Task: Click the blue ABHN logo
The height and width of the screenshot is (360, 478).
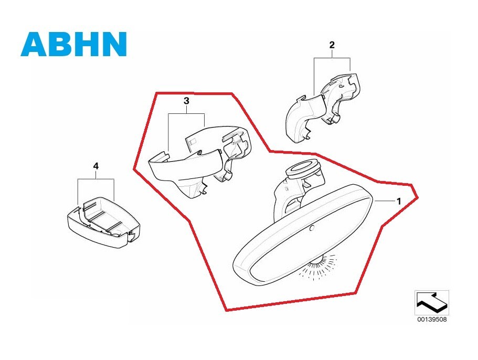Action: coord(74,44)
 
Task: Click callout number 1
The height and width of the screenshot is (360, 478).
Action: coord(398,201)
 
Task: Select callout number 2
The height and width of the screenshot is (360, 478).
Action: coord(332,45)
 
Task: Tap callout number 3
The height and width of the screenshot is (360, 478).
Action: coord(186,101)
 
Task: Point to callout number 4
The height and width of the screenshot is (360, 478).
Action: coord(95,166)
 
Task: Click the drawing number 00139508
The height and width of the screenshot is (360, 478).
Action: coord(432,320)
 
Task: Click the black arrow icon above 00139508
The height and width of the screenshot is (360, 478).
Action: coord(432,302)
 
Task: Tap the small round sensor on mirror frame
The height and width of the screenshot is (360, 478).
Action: coord(311,229)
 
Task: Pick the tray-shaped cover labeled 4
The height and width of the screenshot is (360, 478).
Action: coord(103,222)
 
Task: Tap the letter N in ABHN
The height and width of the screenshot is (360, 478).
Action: coord(114,44)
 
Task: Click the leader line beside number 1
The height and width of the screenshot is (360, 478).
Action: coord(384,201)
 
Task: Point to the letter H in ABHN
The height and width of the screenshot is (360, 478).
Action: coord(87,44)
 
